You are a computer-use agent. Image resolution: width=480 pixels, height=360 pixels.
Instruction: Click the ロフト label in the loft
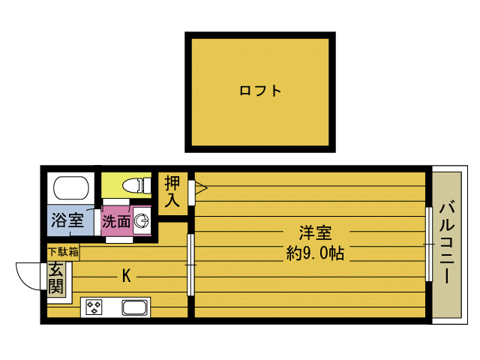tap(260, 91)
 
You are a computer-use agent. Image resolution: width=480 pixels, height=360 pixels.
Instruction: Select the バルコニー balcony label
tap(447, 242)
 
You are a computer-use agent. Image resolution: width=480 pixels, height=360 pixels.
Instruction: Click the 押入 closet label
tap(173, 190)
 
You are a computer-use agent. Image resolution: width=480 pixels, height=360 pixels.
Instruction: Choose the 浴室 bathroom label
tap(67, 220)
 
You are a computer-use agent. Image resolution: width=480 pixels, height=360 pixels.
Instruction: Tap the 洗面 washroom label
tap(116, 221)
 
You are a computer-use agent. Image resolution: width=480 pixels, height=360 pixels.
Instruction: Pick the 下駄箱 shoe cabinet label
tap(63, 252)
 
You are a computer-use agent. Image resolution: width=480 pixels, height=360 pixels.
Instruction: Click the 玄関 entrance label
tap(56, 279)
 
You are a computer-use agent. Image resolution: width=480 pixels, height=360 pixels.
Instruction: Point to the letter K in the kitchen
tap(127, 276)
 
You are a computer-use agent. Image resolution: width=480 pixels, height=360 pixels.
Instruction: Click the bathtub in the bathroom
tap(70, 187)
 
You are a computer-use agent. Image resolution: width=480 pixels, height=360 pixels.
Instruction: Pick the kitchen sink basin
tap(135, 307)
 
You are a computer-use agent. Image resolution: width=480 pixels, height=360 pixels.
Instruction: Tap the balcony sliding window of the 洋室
tap(428, 244)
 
